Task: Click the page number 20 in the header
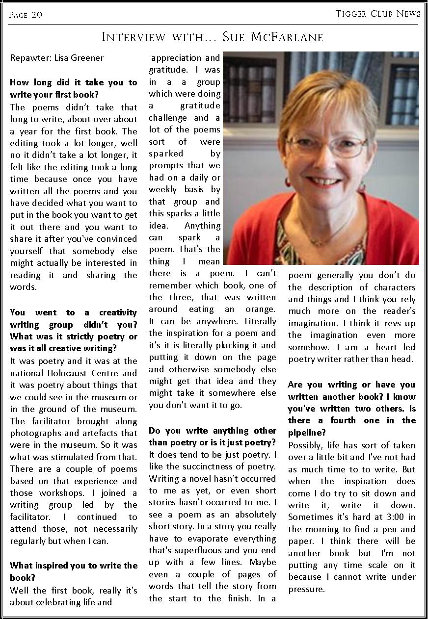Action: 37,15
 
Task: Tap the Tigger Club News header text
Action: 378,14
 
